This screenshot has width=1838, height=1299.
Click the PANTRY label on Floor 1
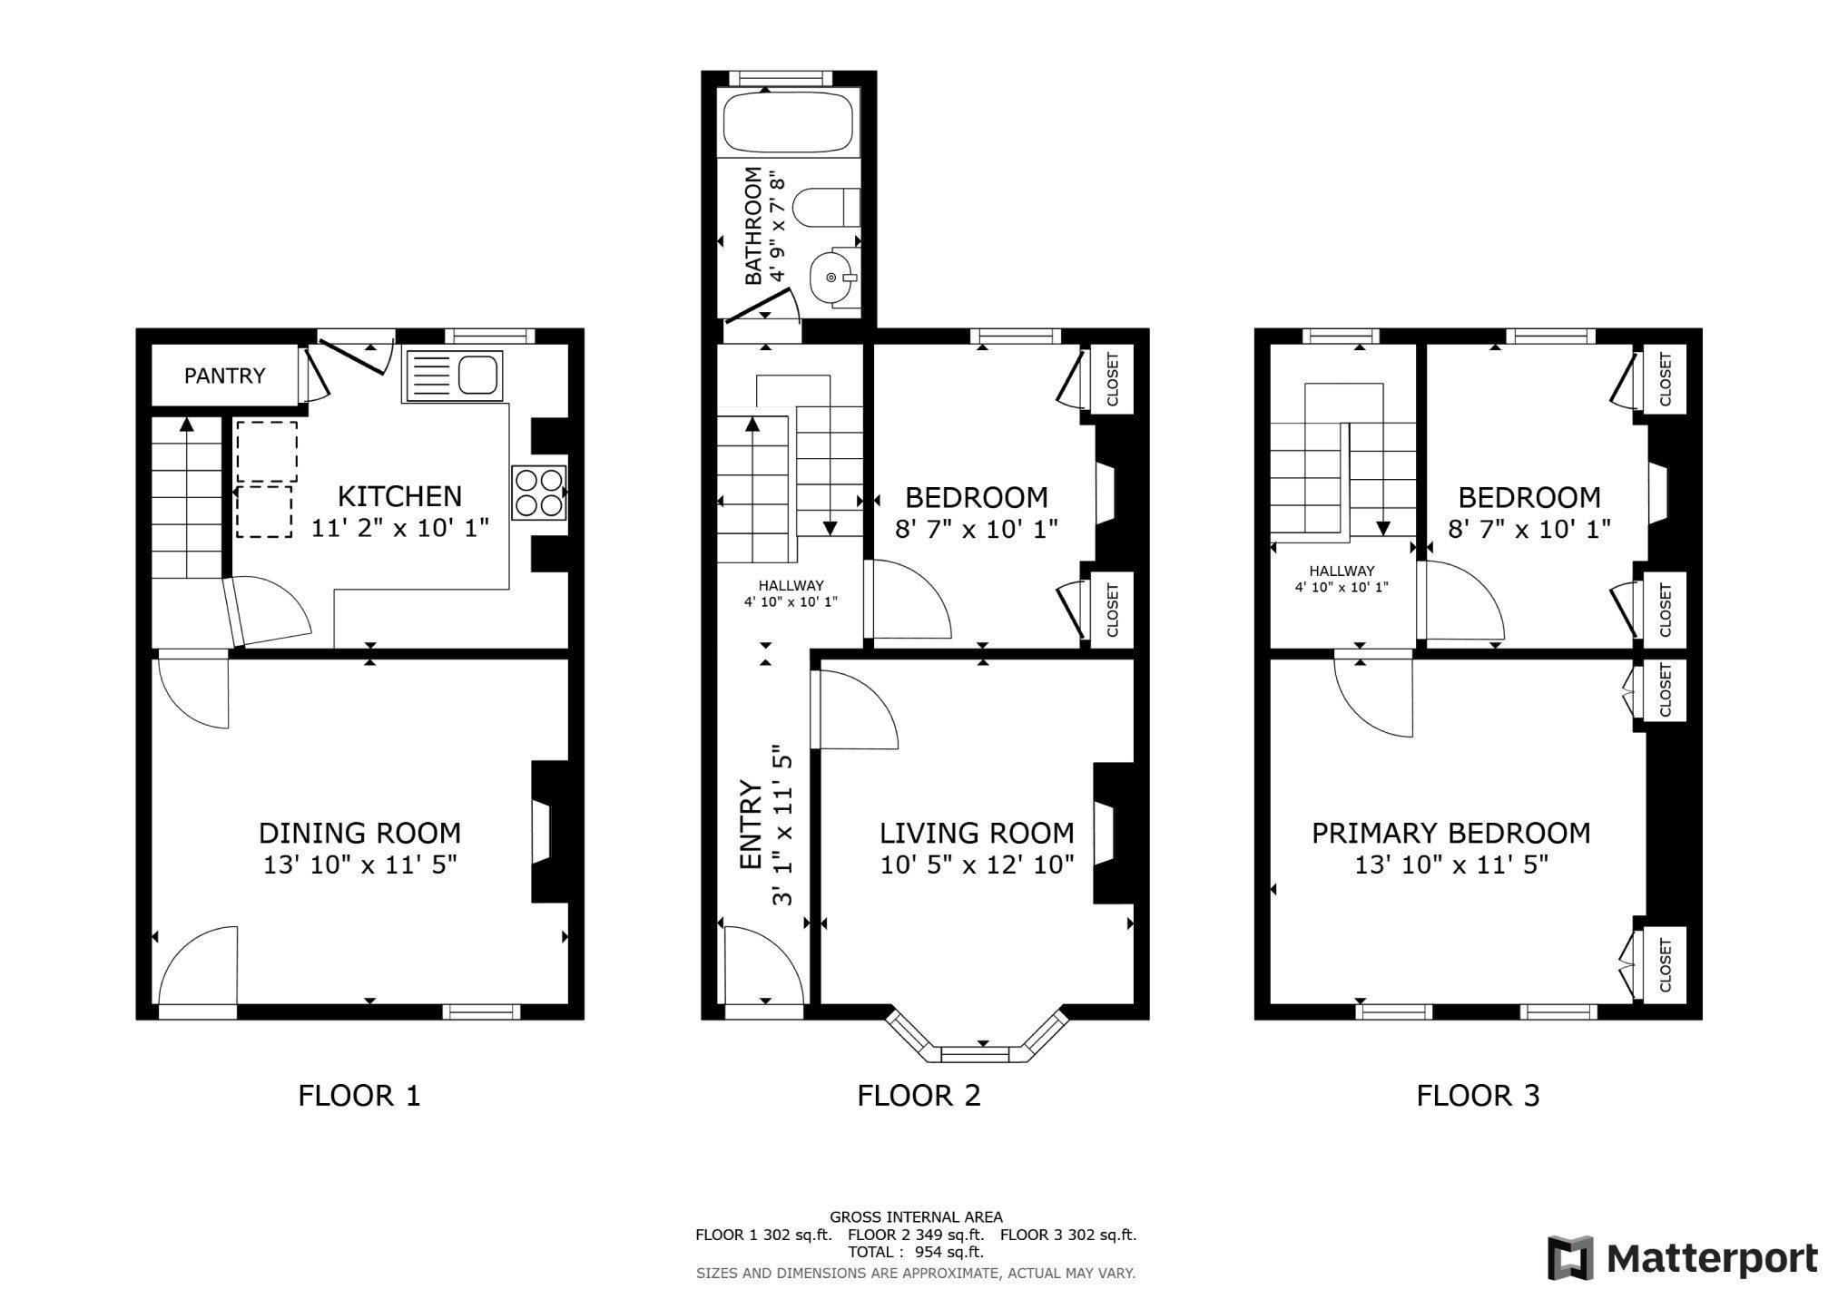tap(225, 376)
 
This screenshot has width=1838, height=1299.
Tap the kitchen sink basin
tap(477, 375)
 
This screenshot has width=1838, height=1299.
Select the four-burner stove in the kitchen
tap(539, 492)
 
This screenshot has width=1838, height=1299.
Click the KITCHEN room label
tap(399, 496)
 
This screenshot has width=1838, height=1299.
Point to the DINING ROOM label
tap(359, 833)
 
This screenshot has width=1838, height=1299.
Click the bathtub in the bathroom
tap(787, 123)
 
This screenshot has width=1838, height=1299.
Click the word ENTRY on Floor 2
tap(751, 824)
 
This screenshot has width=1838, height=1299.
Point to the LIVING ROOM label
tap(977, 833)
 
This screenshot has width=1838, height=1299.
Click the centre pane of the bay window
tap(982, 1053)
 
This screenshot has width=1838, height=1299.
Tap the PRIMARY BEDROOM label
tap(1450, 833)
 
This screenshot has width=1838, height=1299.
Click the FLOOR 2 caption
tap(919, 1096)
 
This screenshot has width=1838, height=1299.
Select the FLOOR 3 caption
tap(1478, 1096)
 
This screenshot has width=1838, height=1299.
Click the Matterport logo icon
tap(1571, 1258)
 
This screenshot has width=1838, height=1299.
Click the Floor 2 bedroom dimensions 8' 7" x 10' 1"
tap(977, 529)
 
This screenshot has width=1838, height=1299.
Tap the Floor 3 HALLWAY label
tap(1342, 571)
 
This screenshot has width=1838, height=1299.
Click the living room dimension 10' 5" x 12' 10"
tap(977, 864)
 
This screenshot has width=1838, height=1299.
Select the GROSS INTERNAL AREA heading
tap(916, 1217)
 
